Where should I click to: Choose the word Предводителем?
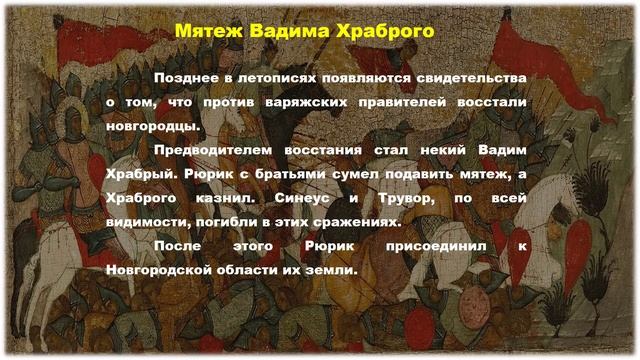coord(210,150)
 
